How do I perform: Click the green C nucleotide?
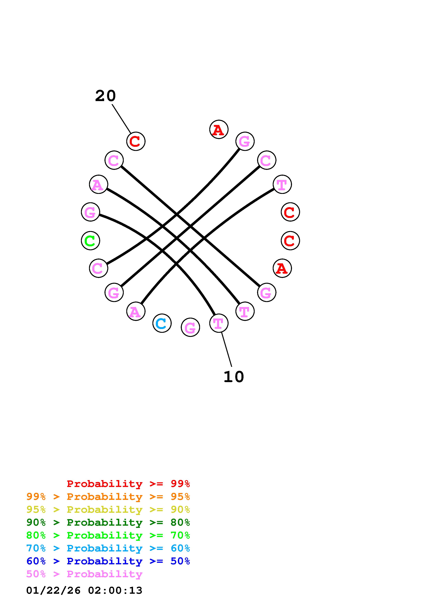pos(90,241)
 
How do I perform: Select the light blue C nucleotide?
pos(162,323)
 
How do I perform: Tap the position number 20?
pos(105,96)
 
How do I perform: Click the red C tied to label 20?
pos(136,141)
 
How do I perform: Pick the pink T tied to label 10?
pos(219,323)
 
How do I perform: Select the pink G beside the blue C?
pos(190,327)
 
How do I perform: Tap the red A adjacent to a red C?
pos(282,268)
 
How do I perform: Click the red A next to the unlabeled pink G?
pos(219,129)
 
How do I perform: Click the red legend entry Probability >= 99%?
pos(128,484)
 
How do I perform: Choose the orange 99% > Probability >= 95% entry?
pos(108,497)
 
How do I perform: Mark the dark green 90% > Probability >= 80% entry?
pos(108,522)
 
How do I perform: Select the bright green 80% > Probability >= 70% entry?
pos(108,535)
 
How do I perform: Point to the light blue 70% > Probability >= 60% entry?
pos(108,548)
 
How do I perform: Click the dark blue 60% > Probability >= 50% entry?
pos(108,561)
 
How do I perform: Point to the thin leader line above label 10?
pos(226,349)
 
